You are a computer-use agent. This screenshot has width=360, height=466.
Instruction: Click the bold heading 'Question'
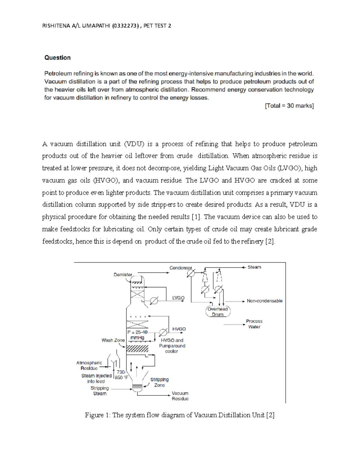pos(57,58)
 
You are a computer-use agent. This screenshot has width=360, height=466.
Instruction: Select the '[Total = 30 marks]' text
pos(289,106)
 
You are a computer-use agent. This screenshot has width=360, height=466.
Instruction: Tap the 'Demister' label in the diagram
pos(123,275)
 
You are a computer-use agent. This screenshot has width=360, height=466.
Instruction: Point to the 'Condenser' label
pos(180,268)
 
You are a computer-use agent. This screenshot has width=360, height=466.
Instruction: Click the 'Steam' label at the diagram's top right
pos(254,267)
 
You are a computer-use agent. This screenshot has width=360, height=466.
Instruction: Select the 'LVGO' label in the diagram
pos(178,298)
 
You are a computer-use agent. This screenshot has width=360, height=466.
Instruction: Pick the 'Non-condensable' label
pos(264,301)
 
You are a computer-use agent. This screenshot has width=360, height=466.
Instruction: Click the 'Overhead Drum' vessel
pos(218,311)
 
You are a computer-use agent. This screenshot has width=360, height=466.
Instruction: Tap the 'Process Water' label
pos(254,324)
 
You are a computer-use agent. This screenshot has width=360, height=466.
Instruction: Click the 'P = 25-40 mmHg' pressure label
pos(137,335)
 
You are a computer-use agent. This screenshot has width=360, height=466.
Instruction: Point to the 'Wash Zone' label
pos(113,340)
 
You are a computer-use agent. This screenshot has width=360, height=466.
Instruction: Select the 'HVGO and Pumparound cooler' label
pos(172,346)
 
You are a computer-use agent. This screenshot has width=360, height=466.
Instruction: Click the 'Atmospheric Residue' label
pos(89,365)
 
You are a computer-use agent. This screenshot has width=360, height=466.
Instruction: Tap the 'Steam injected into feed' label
pos(96,378)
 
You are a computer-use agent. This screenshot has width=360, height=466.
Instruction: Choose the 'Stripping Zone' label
pos(159,382)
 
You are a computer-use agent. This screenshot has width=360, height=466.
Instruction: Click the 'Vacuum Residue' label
pos(180,396)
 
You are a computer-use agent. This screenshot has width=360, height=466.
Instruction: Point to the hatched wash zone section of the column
pos(137,348)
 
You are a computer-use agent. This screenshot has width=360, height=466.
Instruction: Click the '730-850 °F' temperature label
pos(121,375)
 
